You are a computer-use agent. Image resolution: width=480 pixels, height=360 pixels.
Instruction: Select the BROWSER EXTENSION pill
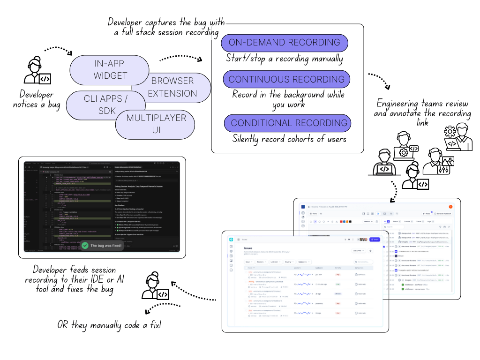[x=172, y=87]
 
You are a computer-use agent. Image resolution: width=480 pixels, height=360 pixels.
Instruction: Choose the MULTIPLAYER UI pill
[x=156, y=123]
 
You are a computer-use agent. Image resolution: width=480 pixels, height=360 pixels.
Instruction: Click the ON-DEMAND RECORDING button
[x=285, y=43]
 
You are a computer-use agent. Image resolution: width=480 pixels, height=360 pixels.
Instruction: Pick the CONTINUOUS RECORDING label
[x=286, y=79]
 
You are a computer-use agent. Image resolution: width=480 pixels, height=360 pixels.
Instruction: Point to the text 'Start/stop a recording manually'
[x=284, y=59]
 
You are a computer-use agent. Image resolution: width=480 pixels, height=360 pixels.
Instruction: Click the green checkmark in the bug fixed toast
[x=85, y=245]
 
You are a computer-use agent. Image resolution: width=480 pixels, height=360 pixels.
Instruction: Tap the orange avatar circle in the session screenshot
[x=450, y=207]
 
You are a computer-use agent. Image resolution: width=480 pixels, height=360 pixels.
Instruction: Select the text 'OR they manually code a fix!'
[x=109, y=325]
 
